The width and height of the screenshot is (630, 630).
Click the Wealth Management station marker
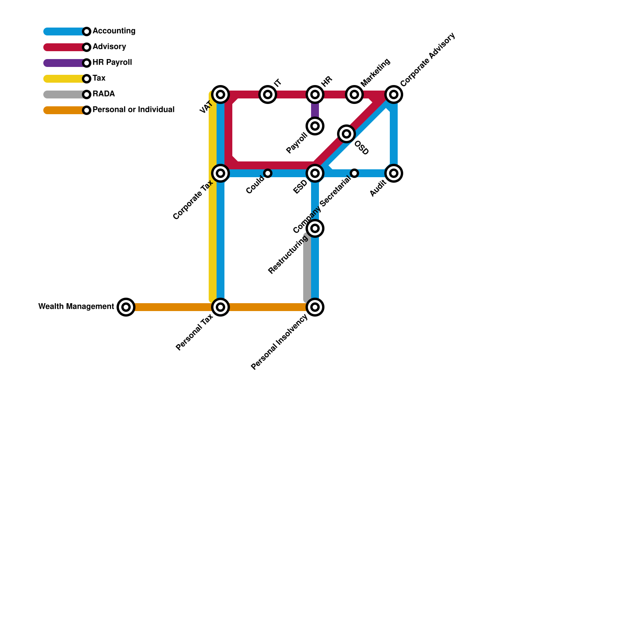coord(126,307)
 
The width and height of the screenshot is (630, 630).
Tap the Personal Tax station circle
coord(220,307)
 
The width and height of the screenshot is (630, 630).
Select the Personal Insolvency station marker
coord(315,307)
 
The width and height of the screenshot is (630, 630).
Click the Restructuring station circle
coord(315,228)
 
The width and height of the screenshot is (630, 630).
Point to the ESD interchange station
coord(315,173)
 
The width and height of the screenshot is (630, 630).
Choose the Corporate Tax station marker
coord(220,173)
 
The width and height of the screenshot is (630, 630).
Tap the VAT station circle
coord(220,94)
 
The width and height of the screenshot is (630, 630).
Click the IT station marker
coord(268,94)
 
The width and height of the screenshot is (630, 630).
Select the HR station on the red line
coord(315,94)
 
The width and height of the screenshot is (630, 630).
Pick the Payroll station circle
coord(315,126)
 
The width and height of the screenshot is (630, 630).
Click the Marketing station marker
coord(354,94)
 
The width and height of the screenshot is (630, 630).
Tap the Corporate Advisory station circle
coord(394,94)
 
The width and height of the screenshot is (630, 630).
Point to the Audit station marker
coord(394,173)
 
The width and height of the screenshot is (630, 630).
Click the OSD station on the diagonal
coord(346,134)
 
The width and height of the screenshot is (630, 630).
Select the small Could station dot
coord(268,173)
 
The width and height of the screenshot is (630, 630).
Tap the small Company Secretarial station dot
coord(354,173)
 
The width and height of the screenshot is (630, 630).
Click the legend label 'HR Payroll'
coord(112,63)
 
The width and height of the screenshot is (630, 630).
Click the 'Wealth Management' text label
coord(76,307)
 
